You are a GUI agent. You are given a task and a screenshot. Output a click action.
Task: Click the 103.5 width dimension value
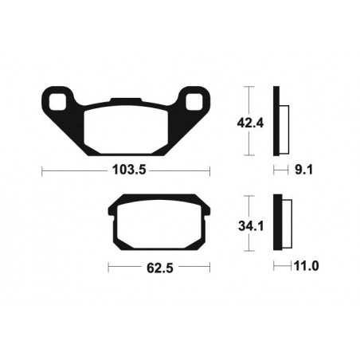(127, 170)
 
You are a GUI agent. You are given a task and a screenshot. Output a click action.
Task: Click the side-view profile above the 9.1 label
(279, 120)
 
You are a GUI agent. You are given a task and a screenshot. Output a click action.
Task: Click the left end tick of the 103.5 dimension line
(42, 170)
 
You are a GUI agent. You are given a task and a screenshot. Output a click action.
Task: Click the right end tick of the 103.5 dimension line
(209, 170)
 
